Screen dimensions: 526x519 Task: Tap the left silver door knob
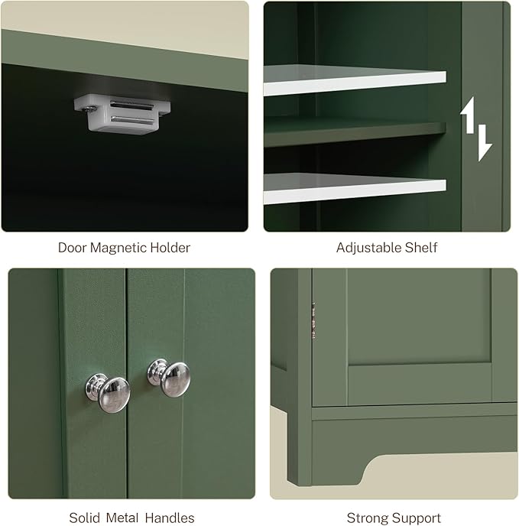[x=107, y=391]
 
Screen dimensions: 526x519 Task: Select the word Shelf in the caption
[x=422, y=247]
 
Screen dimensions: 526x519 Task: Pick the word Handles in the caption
[x=169, y=518]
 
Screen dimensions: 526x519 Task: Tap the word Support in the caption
[x=417, y=518]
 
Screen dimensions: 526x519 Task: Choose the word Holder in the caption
[x=170, y=247]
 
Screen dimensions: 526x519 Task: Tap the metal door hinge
[x=312, y=321]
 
